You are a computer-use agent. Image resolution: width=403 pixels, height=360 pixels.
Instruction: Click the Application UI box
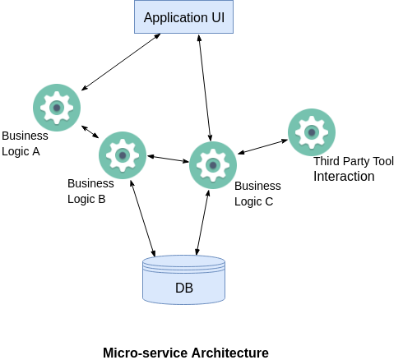click(183, 17)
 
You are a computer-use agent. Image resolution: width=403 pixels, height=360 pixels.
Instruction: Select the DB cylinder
click(183, 279)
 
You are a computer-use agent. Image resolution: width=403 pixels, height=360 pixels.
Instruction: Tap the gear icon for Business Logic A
click(57, 108)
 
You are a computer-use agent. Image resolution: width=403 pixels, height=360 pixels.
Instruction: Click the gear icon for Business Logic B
click(123, 155)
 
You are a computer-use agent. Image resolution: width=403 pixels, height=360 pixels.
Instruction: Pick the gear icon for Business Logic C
click(213, 165)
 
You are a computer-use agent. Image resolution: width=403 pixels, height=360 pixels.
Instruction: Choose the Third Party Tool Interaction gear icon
click(312, 132)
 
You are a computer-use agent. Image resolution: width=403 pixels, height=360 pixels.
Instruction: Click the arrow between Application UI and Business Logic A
click(121, 62)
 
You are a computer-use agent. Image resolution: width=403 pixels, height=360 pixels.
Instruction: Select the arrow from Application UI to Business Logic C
click(205, 88)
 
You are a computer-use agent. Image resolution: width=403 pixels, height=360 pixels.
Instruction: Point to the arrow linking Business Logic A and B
click(90, 132)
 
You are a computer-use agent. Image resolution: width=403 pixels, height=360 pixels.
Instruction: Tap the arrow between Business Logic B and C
click(168, 159)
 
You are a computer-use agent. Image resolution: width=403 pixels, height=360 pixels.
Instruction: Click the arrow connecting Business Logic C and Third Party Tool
click(262, 147)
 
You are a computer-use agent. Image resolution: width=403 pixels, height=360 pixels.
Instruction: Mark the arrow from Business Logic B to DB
click(142, 219)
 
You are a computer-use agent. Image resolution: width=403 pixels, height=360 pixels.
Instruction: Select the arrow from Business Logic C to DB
click(202, 223)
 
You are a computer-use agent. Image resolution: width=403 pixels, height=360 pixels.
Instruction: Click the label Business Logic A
click(25, 144)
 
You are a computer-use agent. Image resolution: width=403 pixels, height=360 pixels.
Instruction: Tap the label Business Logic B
click(90, 192)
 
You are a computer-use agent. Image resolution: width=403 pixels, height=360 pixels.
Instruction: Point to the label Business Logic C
click(257, 194)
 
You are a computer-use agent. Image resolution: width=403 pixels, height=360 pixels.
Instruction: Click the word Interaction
click(344, 176)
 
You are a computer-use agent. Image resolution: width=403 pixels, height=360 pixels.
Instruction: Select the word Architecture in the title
click(230, 353)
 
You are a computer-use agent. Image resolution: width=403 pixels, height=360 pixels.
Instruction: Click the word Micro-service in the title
click(146, 353)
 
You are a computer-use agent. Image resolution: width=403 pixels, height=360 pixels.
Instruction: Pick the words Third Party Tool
click(354, 161)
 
